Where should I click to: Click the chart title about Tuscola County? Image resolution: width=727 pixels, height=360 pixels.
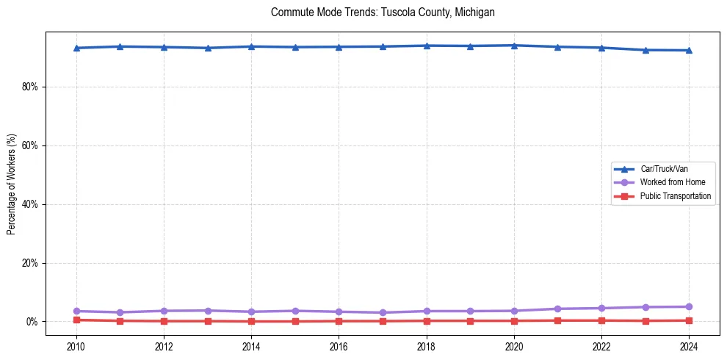pos(383,12)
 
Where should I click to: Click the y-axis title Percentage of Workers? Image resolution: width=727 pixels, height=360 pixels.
pos(12,184)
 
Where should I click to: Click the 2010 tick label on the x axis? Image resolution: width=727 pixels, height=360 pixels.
pos(76,346)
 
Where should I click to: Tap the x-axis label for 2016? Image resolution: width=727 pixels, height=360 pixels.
pos(339,346)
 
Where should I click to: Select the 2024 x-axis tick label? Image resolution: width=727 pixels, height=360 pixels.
pos(689,346)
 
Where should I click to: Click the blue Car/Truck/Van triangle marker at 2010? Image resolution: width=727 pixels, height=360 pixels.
pos(76,48)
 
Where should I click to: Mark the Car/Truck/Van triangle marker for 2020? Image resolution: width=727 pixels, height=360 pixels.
pos(514,46)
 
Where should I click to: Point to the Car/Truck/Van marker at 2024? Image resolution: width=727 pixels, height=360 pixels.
pos(689,50)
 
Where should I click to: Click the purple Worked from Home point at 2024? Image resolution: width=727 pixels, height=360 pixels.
pos(689,306)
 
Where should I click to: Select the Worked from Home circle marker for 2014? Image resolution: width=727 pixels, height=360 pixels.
pos(251,312)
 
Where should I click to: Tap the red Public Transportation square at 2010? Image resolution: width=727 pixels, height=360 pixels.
pos(76,320)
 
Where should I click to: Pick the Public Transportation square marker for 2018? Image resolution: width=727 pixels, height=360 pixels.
pos(427,320)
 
